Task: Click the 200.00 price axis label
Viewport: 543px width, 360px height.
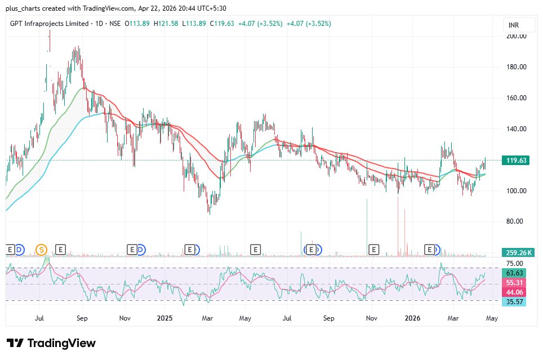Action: tap(516, 36)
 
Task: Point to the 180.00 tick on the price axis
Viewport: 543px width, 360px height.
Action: tap(516, 67)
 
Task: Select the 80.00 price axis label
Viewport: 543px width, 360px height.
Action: tap(516, 221)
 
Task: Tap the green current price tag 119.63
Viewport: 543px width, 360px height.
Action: tap(517, 161)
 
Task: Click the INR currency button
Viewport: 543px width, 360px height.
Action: tap(513, 25)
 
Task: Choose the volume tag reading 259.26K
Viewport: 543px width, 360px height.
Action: tap(517, 253)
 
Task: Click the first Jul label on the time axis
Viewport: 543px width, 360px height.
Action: tap(39, 318)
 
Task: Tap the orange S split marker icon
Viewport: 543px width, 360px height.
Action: tap(41, 249)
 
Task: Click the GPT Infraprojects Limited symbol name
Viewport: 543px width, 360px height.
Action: tap(50, 24)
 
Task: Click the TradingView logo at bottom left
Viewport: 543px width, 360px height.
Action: tap(51, 343)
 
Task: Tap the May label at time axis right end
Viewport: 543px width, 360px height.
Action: tap(491, 318)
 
